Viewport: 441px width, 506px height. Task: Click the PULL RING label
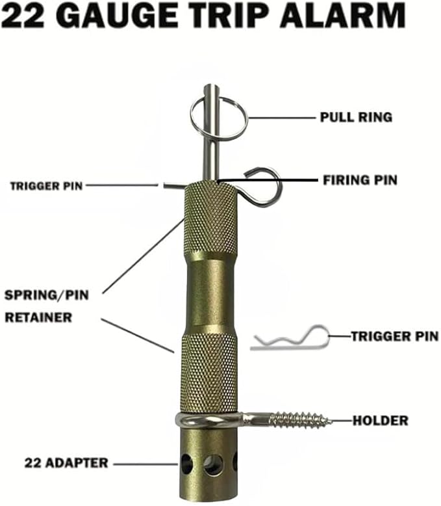click(356, 118)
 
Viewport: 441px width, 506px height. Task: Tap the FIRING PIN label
click(359, 179)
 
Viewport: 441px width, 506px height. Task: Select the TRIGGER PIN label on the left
click(47, 186)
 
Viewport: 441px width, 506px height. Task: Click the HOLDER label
click(380, 421)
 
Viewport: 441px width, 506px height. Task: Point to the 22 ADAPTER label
click(66, 464)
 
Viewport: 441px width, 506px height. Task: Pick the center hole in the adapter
click(212, 464)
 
